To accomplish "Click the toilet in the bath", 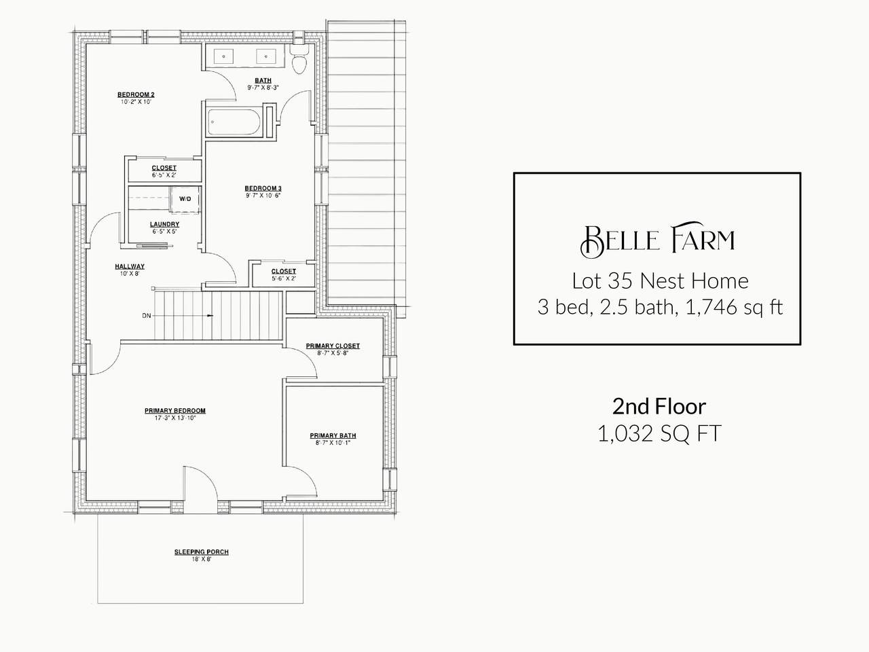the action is point(299,58).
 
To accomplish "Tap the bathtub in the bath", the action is point(234,122).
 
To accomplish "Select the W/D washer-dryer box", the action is point(185,200).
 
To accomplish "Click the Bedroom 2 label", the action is point(136,94).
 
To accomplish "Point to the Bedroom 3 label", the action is point(263,188).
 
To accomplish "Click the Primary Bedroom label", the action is point(175,411).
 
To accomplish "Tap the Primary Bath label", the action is point(333,436).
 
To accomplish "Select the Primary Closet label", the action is point(333,346).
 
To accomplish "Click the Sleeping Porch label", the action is point(202,552).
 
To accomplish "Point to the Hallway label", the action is point(130,266).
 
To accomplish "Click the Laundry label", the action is point(165,224).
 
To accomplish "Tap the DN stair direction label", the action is point(147,316).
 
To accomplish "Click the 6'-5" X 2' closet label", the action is point(164,175).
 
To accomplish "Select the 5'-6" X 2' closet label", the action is point(284,278).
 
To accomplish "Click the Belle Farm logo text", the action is point(658,240).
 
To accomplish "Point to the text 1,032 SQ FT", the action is point(659,433).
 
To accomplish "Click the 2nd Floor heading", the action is point(659,407).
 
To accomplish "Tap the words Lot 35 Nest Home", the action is point(660,281).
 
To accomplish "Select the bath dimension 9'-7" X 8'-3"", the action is point(263,88).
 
